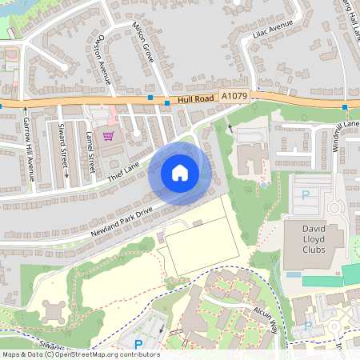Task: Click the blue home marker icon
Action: pos(179,172)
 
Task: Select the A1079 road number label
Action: pos(235,95)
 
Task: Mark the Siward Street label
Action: pos(63,147)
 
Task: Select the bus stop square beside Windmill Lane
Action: pos(344,107)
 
